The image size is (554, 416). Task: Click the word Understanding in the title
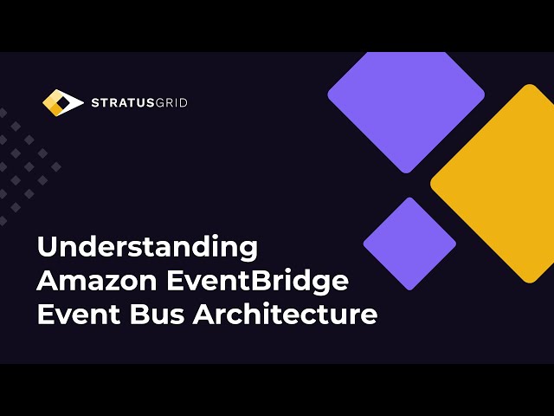coord(147,247)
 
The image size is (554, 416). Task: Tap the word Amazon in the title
coord(93,281)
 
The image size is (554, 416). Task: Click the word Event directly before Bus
coord(73,314)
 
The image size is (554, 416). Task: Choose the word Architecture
coord(285,314)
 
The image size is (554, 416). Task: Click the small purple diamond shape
coord(409,244)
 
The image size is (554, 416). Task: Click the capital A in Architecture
coord(203,314)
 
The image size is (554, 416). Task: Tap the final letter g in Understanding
coord(248,250)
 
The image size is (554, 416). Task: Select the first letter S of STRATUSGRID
coord(95,103)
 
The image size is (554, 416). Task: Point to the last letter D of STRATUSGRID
coord(183,103)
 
